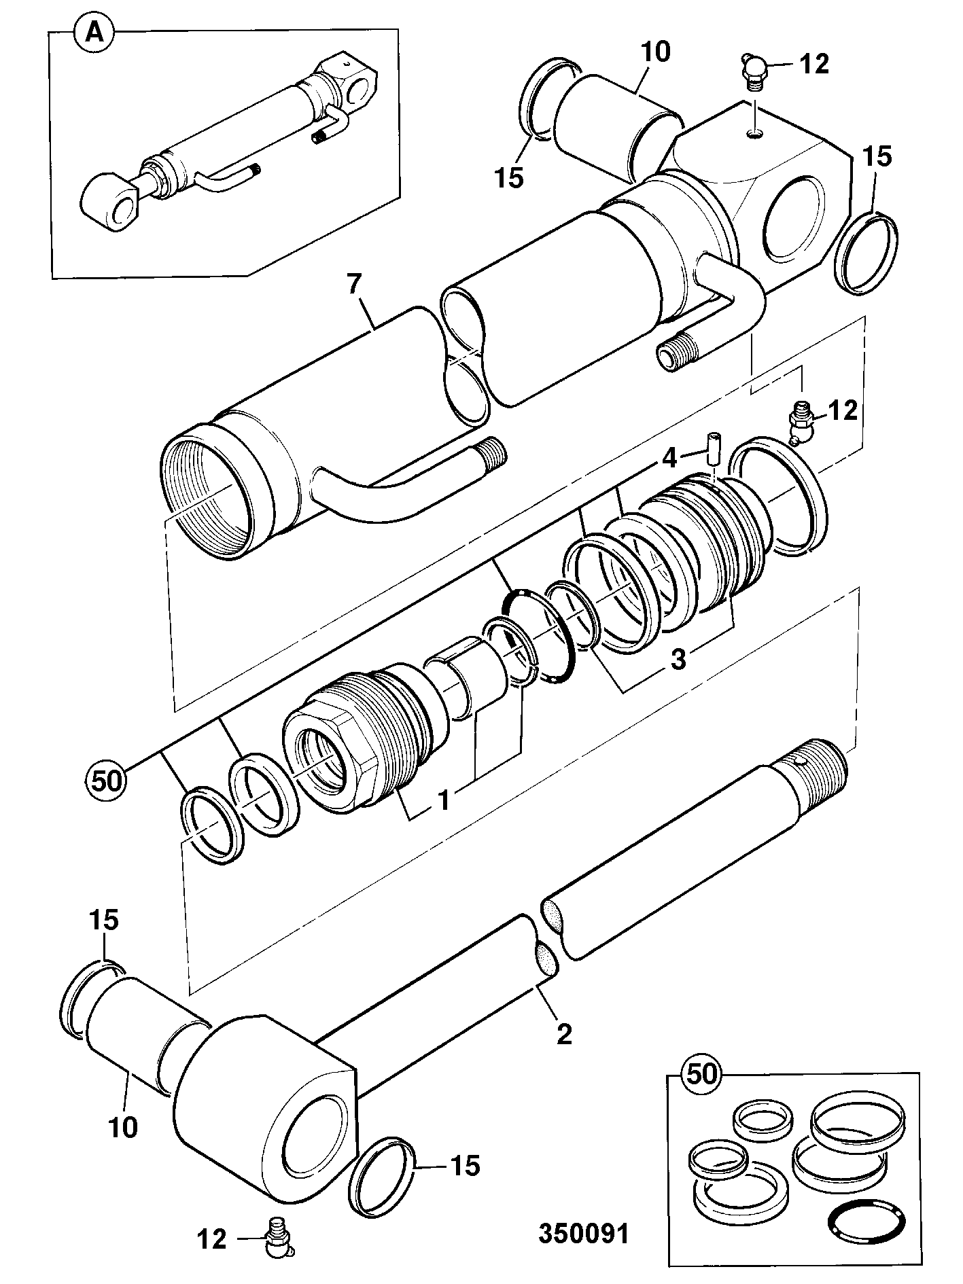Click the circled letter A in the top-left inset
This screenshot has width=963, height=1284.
95,33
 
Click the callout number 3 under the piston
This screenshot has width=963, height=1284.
679,660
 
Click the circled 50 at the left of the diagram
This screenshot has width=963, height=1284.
106,780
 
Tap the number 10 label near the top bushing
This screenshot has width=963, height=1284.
653,52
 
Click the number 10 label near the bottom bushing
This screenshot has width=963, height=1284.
122,1126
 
